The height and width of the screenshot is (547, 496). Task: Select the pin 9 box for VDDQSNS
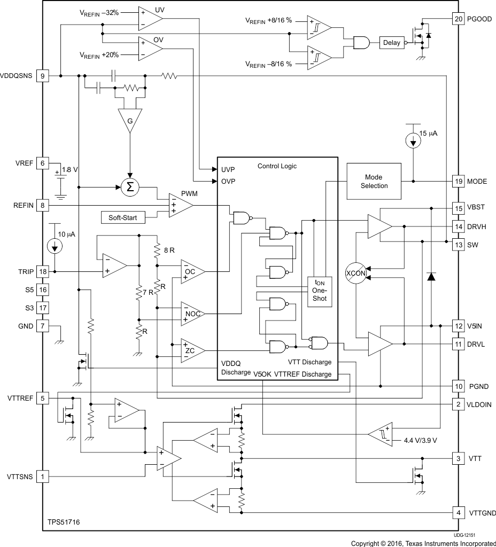tap(43, 76)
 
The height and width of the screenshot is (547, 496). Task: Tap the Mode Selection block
tap(374, 181)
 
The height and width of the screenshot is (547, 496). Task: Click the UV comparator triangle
tap(149, 18)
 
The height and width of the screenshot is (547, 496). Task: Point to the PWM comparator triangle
tap(180, 205)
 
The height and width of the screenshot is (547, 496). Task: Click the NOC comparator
tap(192, 314)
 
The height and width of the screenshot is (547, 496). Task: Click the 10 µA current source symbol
tap(54, 246)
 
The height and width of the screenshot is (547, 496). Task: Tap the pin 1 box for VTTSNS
tap(43, 475)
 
